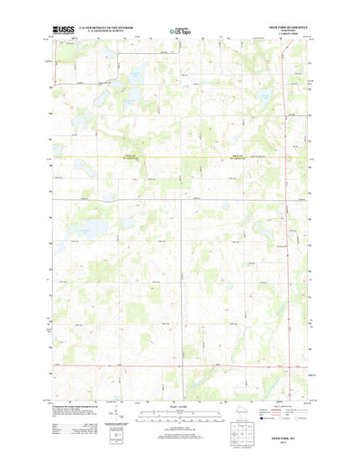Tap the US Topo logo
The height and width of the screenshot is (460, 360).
179,32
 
